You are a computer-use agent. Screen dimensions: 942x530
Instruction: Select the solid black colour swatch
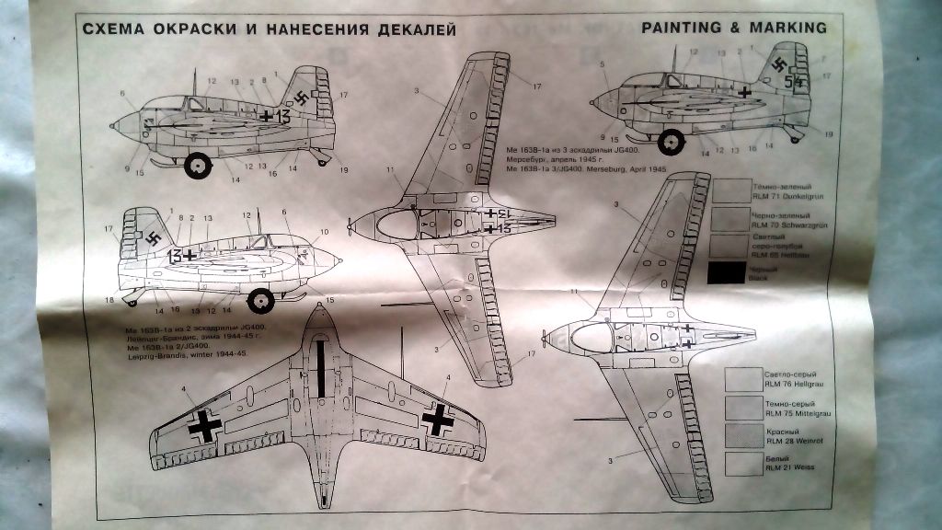point(727,272)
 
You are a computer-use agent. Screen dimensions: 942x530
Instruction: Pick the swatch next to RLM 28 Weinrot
point(742,435)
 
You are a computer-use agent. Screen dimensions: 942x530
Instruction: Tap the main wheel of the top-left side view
point(198,166)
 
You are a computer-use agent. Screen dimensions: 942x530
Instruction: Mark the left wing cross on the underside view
point(203,424)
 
